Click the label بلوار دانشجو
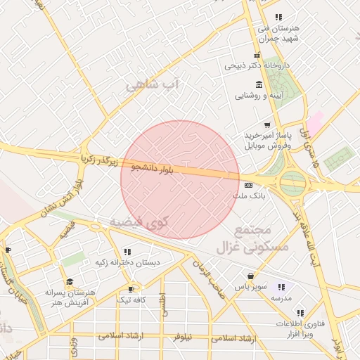[151, 168]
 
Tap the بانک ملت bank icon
[248, 184]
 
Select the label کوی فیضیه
[141, 222]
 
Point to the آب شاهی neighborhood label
[153, 86]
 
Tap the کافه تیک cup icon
[131, 289]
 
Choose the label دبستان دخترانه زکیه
[127, 262]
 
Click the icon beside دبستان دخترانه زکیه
[127, 251]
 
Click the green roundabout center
[292, 184]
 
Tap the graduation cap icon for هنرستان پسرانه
[70, 281]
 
